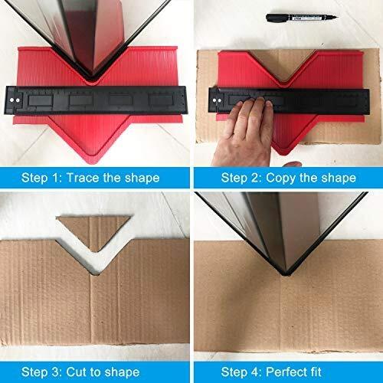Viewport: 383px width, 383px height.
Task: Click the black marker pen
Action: pos(301,18)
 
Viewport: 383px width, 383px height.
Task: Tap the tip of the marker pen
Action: pos(338,18)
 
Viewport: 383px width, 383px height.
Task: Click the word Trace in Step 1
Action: pos(82,178)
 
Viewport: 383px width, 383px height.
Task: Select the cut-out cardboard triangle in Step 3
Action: pos(94,229)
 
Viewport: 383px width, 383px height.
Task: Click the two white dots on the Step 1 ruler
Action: pos(15,100)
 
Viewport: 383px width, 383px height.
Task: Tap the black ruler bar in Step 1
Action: pos(96,100)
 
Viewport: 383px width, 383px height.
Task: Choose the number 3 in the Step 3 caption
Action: pos(55,372)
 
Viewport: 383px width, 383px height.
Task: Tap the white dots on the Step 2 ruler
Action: pos(217,100)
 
